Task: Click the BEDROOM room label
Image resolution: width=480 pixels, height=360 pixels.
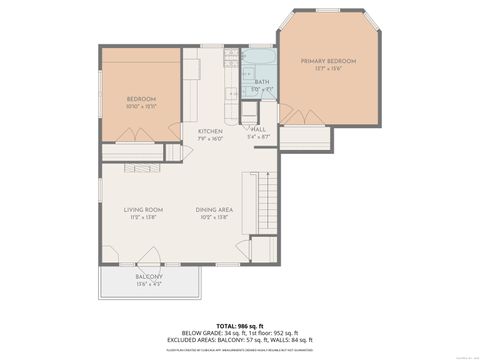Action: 141,97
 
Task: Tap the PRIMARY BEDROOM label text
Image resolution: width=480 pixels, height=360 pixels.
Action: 328,61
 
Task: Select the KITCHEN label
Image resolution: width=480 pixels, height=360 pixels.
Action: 210,131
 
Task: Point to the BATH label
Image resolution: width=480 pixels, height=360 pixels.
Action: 262,82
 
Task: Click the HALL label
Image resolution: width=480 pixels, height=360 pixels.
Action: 258,129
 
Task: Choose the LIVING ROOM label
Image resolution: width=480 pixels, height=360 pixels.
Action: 144,210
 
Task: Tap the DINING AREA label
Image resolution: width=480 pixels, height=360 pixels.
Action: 215,210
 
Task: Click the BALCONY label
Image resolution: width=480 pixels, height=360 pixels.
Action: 149,276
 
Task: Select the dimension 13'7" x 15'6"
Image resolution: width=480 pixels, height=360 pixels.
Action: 328,69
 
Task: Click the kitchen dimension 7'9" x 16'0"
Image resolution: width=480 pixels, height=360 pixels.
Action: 210,138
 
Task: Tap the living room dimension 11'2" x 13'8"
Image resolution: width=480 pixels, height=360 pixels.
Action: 144,217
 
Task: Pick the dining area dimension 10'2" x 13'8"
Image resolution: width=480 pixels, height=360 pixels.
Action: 215,217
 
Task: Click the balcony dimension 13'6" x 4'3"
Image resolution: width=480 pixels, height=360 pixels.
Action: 149,283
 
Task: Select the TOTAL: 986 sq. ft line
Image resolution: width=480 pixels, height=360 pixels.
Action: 240,326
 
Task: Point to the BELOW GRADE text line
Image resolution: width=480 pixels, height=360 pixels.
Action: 240,334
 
